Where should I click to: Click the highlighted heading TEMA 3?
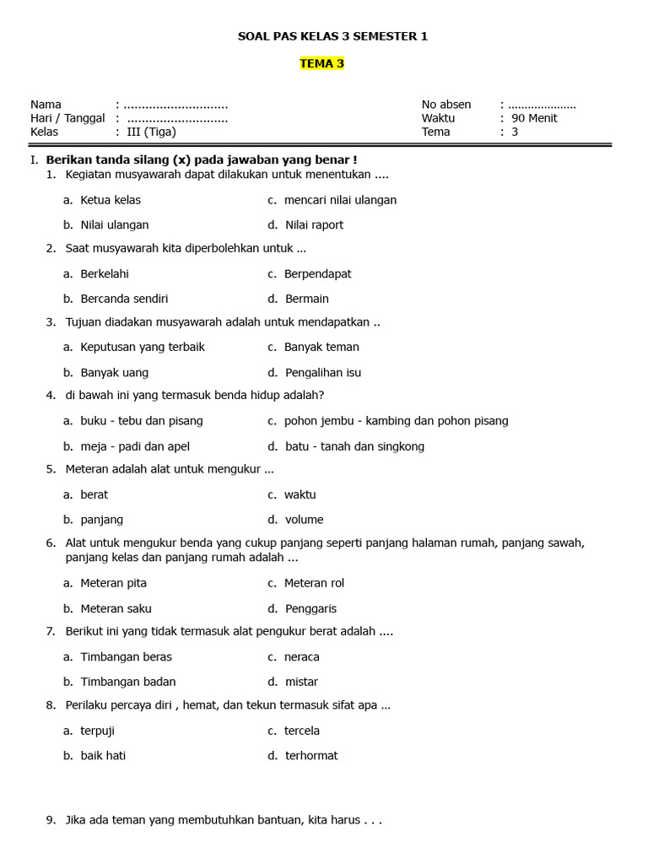321,63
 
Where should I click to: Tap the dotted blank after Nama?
175,105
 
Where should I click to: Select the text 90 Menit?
534,118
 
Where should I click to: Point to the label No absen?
446,105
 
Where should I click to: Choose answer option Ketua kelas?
111,200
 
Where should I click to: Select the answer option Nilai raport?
314,224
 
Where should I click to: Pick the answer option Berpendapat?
317,273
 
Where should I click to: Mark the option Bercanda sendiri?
124,299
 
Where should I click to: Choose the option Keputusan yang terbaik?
143,347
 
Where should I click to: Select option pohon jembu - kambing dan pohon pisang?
396,420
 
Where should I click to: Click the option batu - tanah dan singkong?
354,446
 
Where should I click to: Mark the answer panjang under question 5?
102,520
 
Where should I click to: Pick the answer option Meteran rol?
314,583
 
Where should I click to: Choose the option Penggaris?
310,608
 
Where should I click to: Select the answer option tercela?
302,731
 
